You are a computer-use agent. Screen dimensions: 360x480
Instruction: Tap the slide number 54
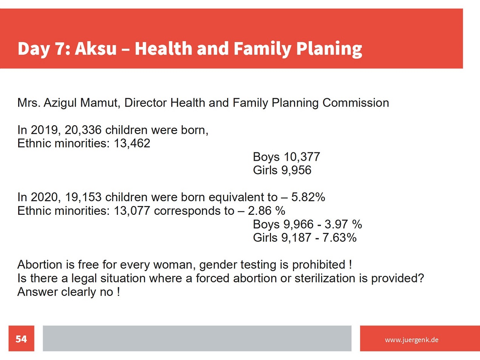21,339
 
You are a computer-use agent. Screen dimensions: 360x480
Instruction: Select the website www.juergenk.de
412,340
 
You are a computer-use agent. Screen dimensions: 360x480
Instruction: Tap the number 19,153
83,197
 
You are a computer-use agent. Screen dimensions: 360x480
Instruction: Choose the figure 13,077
132,211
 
